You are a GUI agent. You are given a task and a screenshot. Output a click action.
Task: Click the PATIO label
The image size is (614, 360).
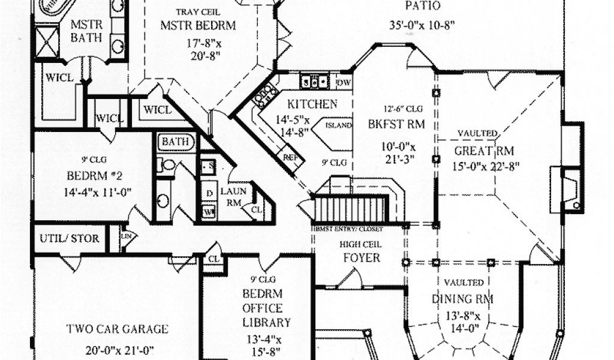point(423,7)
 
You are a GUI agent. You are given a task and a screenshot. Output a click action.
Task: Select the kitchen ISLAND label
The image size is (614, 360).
point(338,126)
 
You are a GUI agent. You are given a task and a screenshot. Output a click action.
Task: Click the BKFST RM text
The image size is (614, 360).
point(396,125)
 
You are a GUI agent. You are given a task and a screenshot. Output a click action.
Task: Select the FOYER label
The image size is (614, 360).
point(361,257)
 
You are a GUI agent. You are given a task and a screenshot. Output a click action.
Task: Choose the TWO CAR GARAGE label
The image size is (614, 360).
point(117,329)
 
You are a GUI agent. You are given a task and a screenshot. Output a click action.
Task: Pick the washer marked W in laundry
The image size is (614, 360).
point(209,211)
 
